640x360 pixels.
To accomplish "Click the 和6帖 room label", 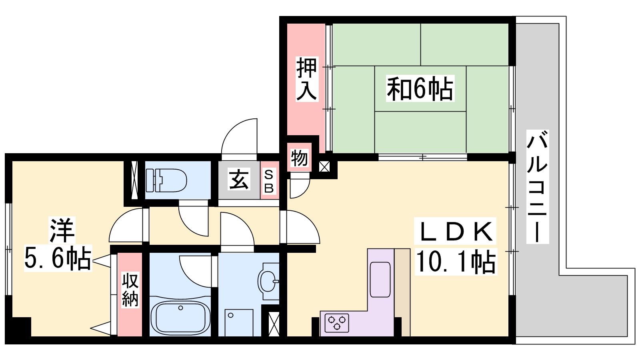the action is (420, 88).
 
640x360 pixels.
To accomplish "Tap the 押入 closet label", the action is (306, 79).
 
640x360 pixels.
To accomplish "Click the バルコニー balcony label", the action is (537, 186).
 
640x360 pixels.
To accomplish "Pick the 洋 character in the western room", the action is (62, 230).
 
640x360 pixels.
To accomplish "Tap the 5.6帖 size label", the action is (58, 258).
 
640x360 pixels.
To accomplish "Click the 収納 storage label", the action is (130, 290).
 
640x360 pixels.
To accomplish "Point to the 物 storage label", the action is (299, 158).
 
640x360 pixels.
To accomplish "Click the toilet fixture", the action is (166, 180).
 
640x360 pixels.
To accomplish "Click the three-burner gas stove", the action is (337, 323).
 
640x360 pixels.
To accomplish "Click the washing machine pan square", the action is (239, 322).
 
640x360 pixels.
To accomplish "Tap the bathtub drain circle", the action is (180, 308).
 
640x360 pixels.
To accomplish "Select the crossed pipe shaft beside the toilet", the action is (134, 180).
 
